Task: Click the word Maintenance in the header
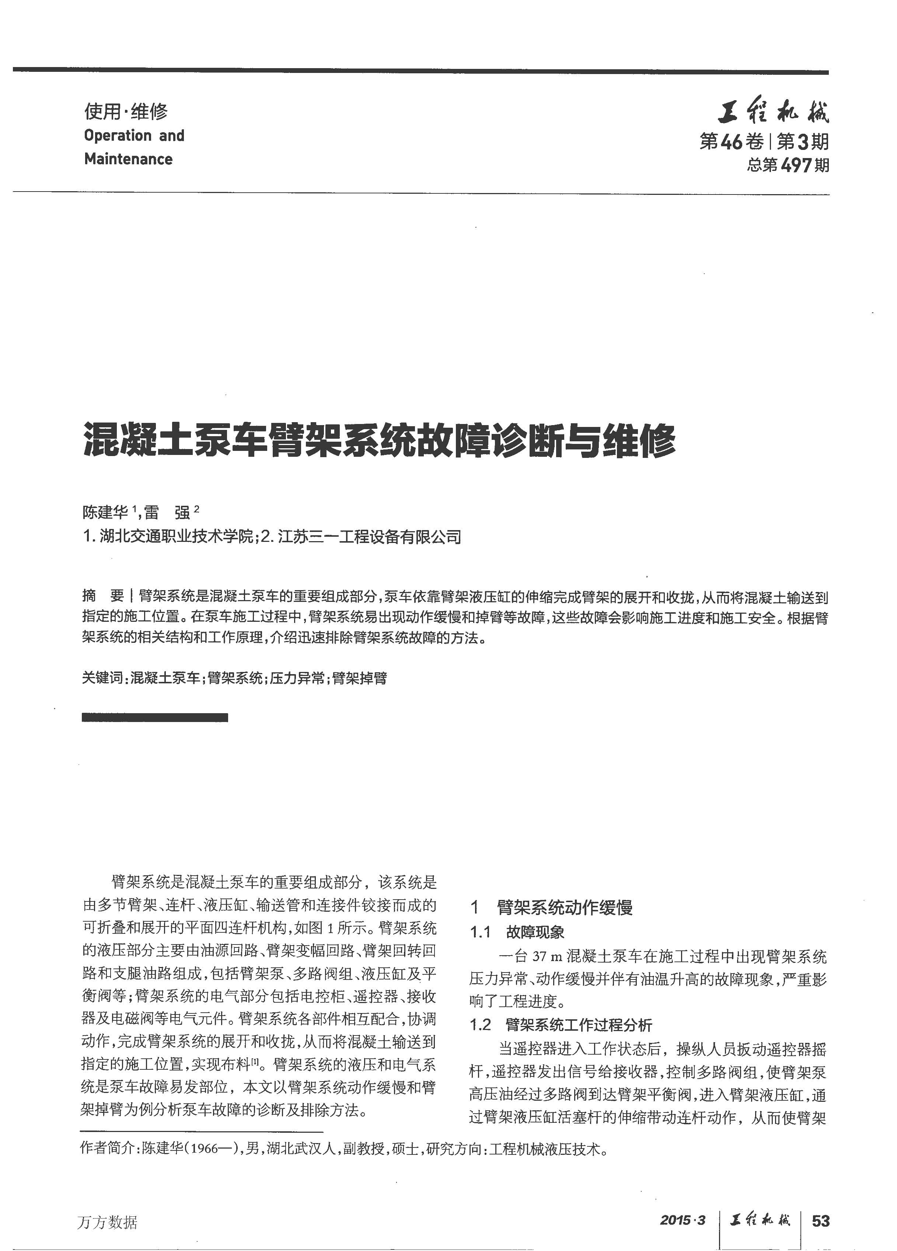(x=128, y=160)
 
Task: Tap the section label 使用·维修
(x=125, y=112)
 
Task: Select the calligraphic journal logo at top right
(x=772, y=114)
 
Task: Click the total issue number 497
(x=797, y=165)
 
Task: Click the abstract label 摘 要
(x=103, y=596)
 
